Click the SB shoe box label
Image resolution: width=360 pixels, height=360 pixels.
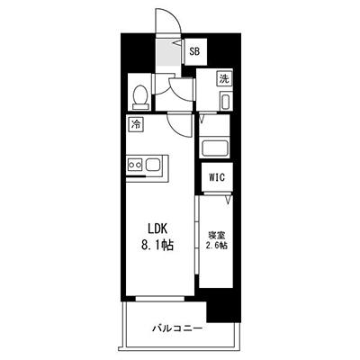(194, 51)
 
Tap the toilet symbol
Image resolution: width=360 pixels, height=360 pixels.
(140, 97)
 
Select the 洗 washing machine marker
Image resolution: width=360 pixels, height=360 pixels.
(224, 78)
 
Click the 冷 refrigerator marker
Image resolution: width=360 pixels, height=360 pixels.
(136, 124)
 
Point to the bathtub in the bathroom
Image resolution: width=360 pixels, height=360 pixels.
(215, 148)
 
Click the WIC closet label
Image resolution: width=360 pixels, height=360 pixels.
(217, 177)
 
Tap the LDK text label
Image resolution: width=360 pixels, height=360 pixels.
(157, 229)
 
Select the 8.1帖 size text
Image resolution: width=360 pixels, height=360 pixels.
(157, 246)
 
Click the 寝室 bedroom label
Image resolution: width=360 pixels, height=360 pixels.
(217, 235)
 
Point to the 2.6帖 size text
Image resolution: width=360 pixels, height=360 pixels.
(216, 246)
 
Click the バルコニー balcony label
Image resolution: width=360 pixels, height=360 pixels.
(176, 328)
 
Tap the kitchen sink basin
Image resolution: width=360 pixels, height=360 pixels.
(153, 165)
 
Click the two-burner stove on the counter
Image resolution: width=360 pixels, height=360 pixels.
(135, 165)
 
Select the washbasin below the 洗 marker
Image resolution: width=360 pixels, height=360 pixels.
(225, 101)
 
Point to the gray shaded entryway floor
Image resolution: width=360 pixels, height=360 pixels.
(167, 53)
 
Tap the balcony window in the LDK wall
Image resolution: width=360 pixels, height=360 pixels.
(160, 299)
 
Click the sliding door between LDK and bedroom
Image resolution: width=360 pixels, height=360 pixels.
(197, 235)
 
